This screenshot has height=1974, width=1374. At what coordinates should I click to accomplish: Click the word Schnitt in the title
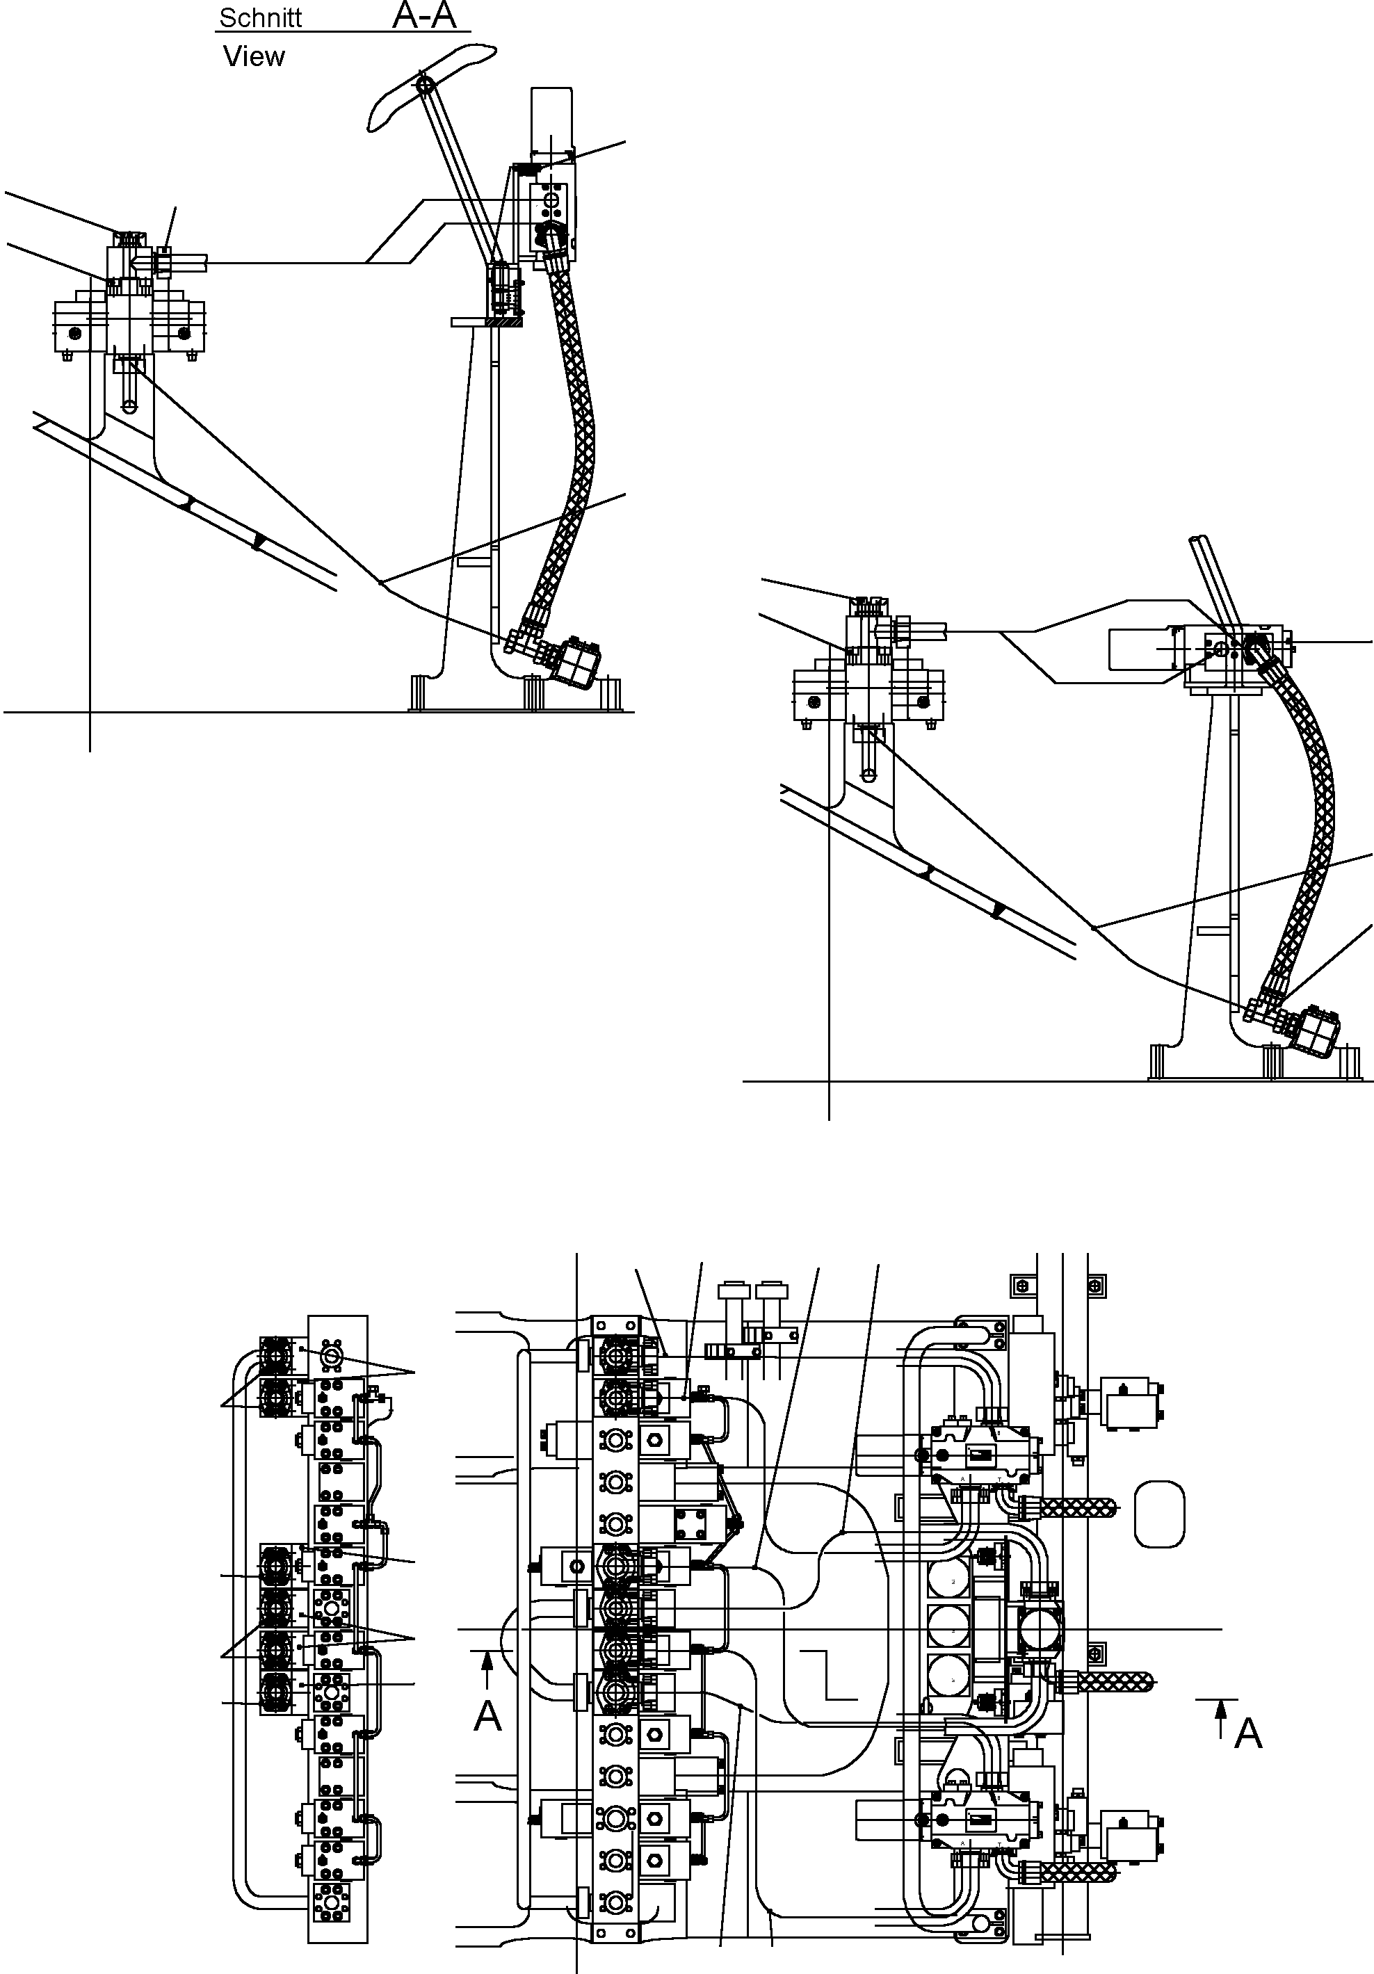pyautogui.click(x=261, y=18)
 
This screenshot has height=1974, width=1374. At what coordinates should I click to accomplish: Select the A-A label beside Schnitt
pyautogui.click(x=424, y=15)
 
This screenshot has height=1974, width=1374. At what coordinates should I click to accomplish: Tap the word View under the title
pyautogui.click(x=254, y=57)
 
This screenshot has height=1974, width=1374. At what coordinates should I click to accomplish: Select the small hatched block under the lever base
pyautogui.click(x=502, y=323)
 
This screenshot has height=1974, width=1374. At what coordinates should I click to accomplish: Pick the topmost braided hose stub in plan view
pyautogui.click(x=1082, y=1505)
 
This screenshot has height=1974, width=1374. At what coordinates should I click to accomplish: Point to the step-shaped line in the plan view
pyautogui.click(x=825, y=1674)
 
